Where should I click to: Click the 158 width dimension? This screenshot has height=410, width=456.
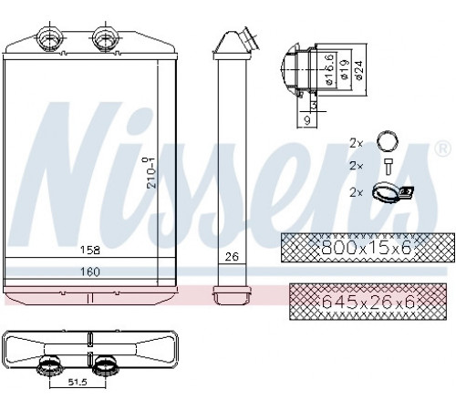coord(90,251)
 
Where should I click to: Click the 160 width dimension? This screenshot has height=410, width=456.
coord(90,272)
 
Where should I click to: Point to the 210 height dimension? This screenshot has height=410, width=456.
coord(150,172)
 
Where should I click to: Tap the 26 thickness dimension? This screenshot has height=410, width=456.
coord(232,257)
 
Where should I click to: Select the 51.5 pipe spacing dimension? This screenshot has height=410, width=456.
coord(78,382)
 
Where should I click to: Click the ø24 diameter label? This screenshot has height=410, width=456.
coord(358,70)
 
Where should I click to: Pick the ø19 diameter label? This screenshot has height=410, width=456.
coord(344,69)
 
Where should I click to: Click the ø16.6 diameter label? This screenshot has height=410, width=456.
coord(329,69)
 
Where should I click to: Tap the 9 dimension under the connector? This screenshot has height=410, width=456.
coord(307,120)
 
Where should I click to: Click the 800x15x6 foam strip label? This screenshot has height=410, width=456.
coord(367,248)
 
